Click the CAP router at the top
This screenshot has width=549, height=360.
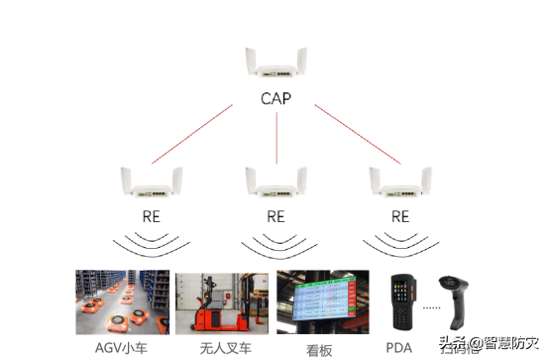coord(275,64)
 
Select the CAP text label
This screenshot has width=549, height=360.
coord(275,99)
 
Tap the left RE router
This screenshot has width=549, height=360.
coord(149,182)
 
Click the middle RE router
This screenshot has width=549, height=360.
coord(275,182)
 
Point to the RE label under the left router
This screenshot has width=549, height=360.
coord(149,215)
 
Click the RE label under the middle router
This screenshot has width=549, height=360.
coord(275,215)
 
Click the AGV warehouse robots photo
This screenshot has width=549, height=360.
coord(123,301)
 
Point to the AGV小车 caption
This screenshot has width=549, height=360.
coord(123,347)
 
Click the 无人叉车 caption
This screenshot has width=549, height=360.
coord(224,347)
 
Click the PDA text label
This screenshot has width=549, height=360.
coord(399,347)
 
